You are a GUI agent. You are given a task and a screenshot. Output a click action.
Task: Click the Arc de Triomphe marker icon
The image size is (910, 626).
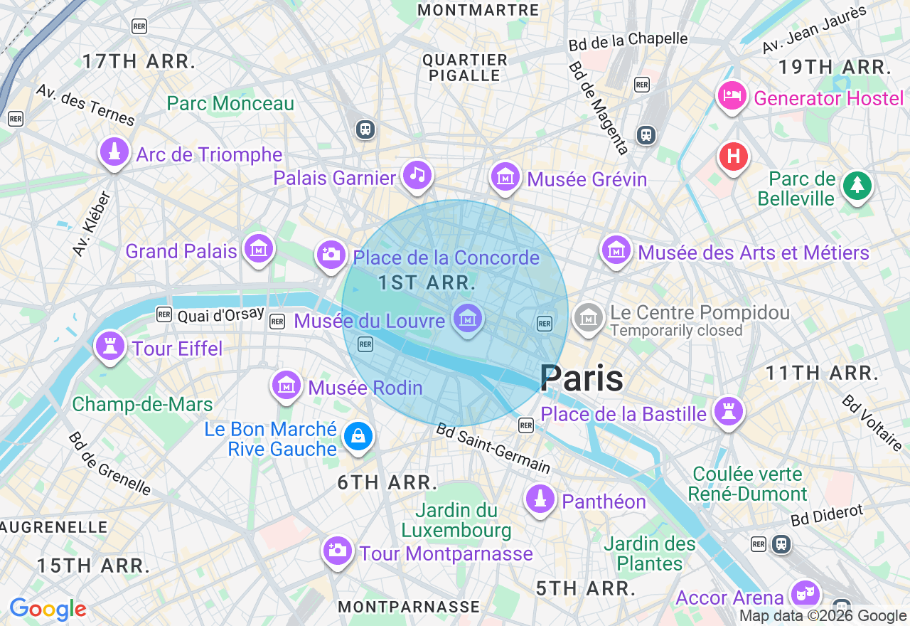114,152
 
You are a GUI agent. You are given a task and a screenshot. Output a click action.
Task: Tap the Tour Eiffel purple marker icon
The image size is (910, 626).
109,346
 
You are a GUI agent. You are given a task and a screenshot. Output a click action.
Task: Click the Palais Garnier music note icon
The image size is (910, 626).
417,175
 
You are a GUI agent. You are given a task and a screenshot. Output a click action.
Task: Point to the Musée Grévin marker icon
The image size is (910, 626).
505,176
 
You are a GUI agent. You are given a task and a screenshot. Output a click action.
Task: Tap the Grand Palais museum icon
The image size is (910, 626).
258,249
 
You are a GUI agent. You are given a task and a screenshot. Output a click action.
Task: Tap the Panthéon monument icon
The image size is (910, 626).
540,499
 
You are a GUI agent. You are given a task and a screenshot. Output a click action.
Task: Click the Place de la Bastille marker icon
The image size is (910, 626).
728,412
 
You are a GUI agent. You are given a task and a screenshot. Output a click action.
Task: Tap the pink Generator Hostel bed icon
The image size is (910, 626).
732,96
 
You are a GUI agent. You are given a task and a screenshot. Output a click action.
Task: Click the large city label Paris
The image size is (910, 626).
582,378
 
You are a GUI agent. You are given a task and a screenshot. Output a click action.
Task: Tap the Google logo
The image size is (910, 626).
48,610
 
